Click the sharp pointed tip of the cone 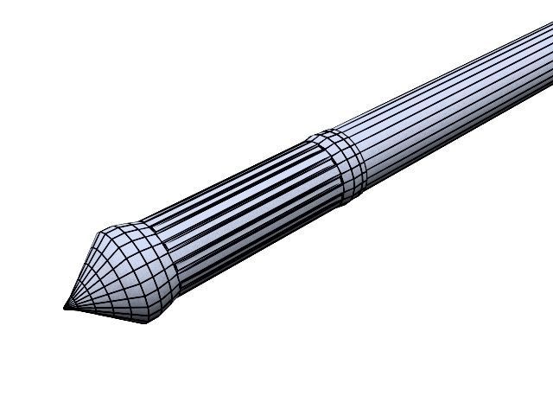66,306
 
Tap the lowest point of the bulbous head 145,322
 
